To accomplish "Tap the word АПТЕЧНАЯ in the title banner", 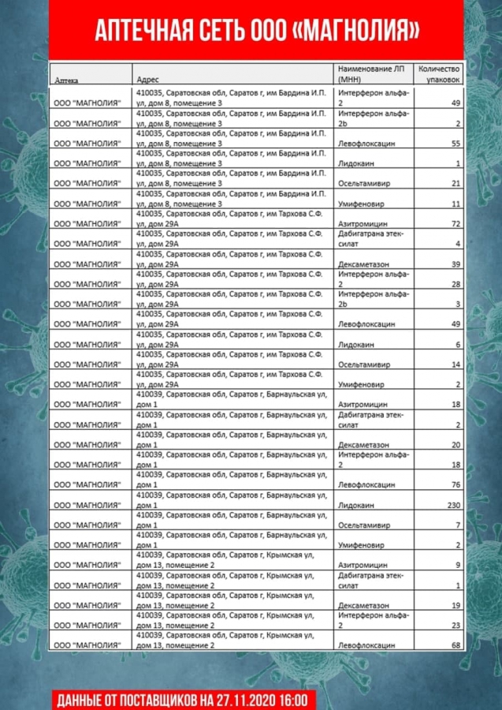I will pos(140,31).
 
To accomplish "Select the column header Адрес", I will pos(147,80).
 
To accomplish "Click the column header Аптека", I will pos(65,80).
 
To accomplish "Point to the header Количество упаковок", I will pos(439,74).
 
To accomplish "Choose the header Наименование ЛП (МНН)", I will pos(371,74).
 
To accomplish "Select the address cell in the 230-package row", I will pos(229,500).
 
